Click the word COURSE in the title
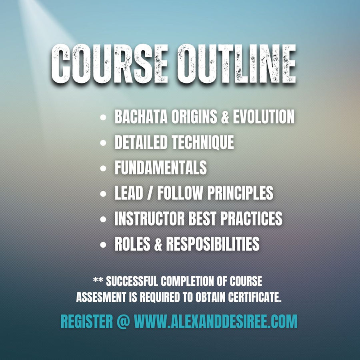(109, 64)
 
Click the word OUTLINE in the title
(236, 64)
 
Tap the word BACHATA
(141, 116)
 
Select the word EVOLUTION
(264, 116)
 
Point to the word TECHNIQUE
(203, 142)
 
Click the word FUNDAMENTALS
(161, 167)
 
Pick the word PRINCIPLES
(240, 193)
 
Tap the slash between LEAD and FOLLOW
(150, 193)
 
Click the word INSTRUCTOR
(150, 218)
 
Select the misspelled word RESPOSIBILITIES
(213, 244)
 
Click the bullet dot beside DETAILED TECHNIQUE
(103, 143)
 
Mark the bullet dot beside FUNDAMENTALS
(103, 168)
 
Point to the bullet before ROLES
(103, 245)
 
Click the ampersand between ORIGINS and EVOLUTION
(225, 116)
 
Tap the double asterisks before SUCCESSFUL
(98, 280)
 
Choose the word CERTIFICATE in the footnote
(255, 297)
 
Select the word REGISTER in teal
(87, 322)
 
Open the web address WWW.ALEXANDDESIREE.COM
(216, 322)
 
